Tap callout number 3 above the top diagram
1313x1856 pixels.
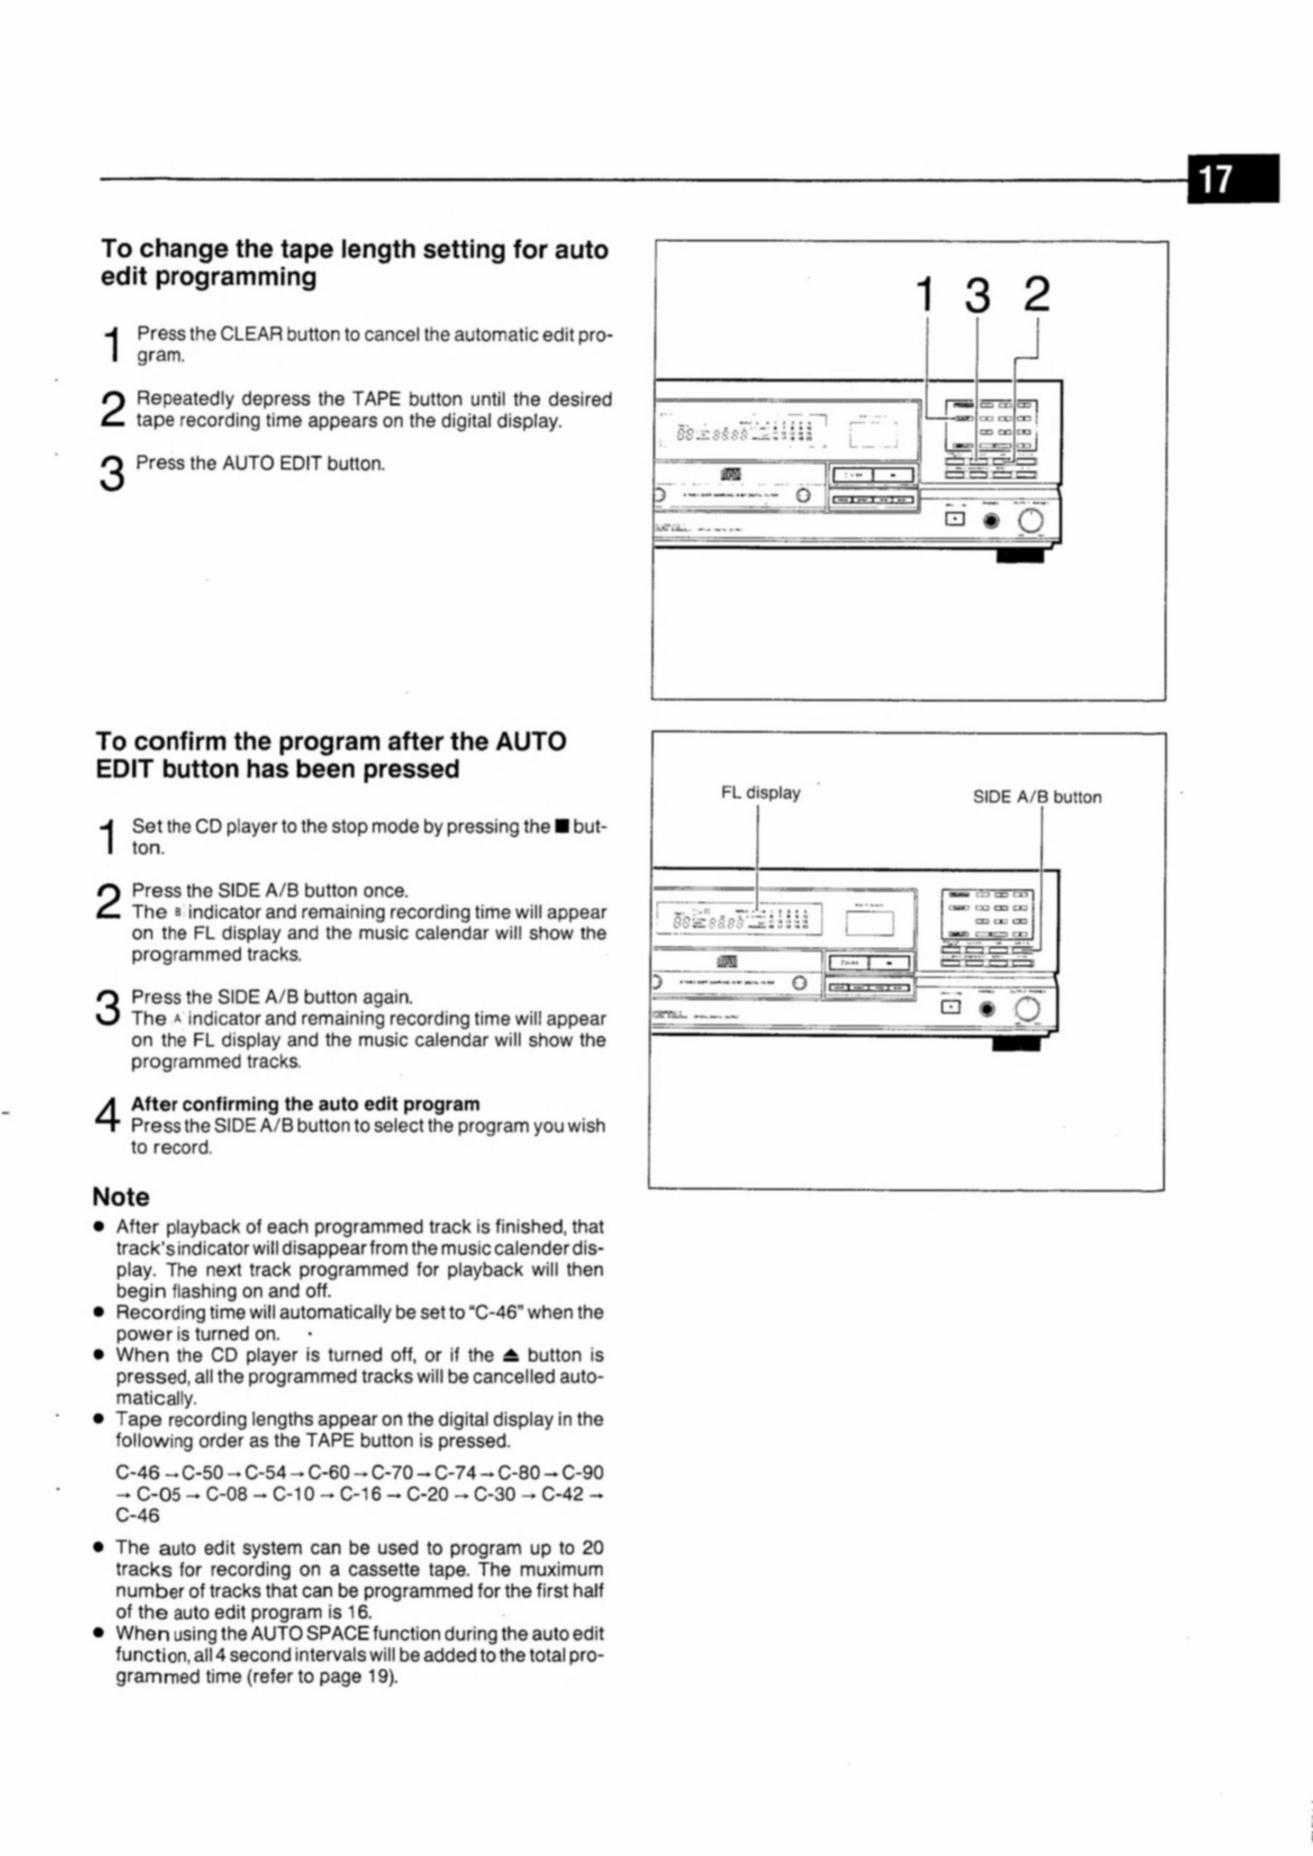(977, 295)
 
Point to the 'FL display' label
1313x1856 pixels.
(760, 792)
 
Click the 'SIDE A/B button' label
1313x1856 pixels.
(1037, 797)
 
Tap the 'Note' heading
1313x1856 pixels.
(121, 1197)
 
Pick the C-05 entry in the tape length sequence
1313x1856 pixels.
(158, 1494)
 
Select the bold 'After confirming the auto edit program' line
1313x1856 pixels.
(305, 1104)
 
